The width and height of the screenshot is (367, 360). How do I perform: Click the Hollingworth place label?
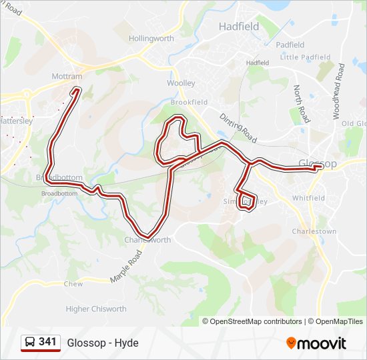(x=151, y=39)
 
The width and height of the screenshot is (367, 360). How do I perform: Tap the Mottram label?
(x=67, y=77)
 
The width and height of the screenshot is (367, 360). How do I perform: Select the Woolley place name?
(x=181, y=83)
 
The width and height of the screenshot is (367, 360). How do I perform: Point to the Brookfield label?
(x=189, y=102)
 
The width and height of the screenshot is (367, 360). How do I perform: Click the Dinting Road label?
(x=238, y=126)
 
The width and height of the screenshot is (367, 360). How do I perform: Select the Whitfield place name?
(x=308, y=198)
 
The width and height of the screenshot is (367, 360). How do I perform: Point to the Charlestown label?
(x=314, y=231)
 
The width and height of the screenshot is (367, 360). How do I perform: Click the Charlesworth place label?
(x=147, y=240)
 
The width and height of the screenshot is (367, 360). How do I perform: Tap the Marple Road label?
(x=127, y=266)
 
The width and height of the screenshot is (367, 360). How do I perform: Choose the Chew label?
(x=73, y=284)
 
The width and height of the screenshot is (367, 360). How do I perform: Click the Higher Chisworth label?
(x=96, y=309)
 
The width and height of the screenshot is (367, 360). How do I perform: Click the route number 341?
(x=47, y=342)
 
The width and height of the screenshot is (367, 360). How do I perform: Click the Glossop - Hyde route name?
(x=103, y=343)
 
